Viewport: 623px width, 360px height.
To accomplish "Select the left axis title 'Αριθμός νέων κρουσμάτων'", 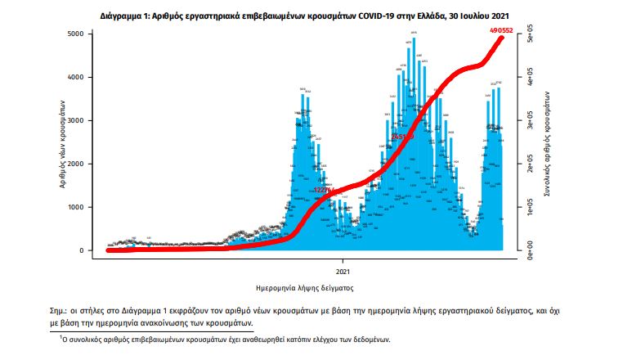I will pyautogui.click(x=63, y=142).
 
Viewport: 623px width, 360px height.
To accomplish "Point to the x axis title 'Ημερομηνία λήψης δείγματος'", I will pyautogui.click(x=304, y=288).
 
